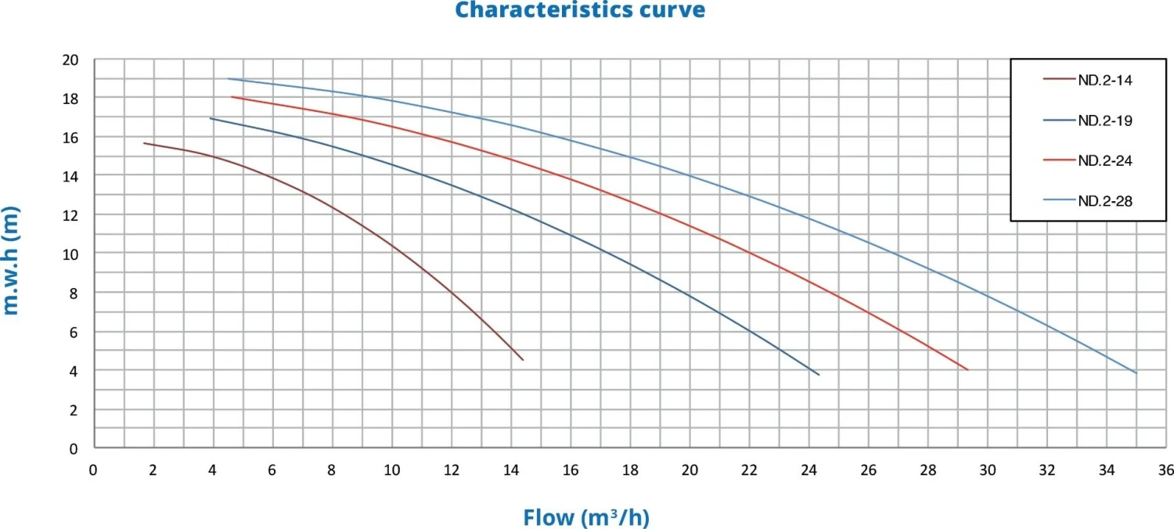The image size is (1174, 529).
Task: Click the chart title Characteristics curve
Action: tap(580, 10)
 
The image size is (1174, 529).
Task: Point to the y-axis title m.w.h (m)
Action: tap(11, 260)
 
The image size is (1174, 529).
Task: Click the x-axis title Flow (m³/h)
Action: tap(586, 517)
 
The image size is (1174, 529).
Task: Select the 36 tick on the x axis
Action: tap(1166, 470)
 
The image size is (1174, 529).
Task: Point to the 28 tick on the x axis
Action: tap(927, 470)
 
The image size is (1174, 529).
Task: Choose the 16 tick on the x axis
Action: tap(571, 470)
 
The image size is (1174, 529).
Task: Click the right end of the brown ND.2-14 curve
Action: tap(522, 360)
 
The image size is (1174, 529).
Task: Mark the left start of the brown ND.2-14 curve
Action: tap(144, 143)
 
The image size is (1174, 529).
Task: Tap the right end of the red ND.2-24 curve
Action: tap(967, 369)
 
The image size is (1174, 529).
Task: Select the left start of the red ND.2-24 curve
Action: tap(232, 97)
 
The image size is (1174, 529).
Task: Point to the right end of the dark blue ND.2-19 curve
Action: tap(819, 375)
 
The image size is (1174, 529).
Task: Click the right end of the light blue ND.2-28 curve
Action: tap(1136, 373)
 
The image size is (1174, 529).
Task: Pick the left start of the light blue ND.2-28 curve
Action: tap(228, 78)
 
